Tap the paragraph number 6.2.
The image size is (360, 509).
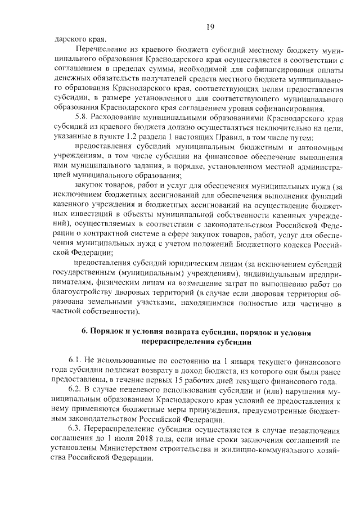tap(76, 389)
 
